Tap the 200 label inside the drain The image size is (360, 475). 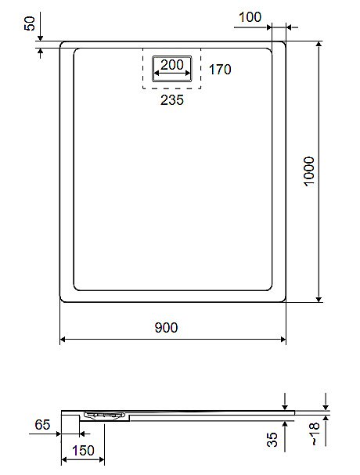pos(171,64)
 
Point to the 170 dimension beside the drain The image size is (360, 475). pos(220,70)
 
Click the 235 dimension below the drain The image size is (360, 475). pos(171,100)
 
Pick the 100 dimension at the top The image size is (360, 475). pos(250,16)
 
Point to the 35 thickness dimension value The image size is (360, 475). pos(272,440)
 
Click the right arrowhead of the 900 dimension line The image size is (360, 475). pos(282,340)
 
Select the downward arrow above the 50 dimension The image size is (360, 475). pos(39,37)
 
